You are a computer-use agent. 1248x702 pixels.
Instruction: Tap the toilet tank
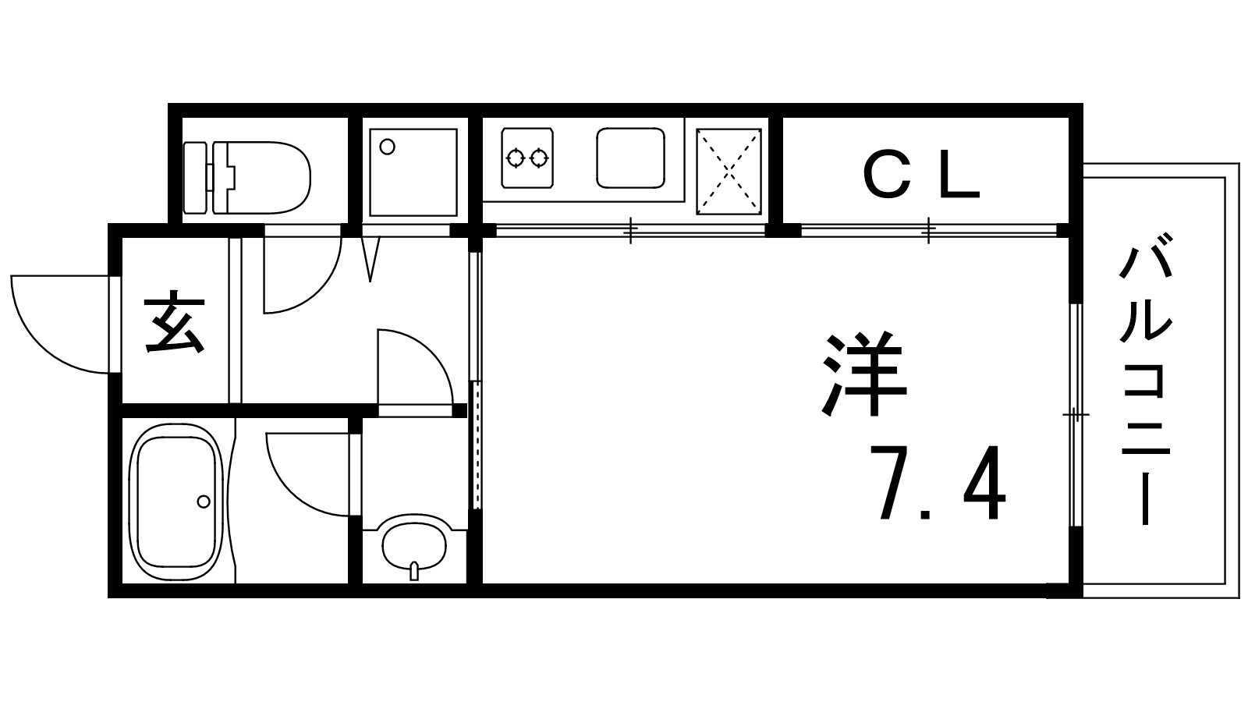195,178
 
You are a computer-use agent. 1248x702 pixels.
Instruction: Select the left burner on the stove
516,159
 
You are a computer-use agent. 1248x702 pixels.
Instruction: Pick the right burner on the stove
539,159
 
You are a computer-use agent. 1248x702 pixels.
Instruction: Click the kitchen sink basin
631,158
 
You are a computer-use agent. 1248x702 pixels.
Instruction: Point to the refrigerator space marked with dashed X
729,172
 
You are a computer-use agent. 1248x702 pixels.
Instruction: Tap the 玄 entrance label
175,322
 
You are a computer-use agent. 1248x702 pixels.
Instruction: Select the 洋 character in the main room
863,374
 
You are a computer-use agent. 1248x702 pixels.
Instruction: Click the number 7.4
938,483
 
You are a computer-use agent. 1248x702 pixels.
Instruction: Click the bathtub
176,503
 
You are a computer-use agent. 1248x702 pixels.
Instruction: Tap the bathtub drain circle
204,502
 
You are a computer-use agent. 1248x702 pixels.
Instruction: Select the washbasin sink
414,545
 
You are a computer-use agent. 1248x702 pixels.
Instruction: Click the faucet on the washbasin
414,571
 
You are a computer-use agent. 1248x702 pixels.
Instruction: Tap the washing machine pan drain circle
387,147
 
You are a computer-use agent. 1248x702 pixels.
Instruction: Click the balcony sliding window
1076,415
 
